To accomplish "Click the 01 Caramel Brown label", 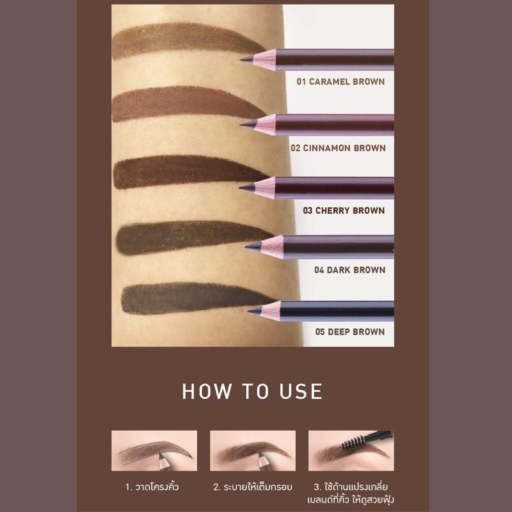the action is pyautogui.click(x=340, y=82).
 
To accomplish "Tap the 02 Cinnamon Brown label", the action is pyautogui.click(x=338, y=148).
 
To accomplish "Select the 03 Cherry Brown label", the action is pyautogui.click(x=344, y=211).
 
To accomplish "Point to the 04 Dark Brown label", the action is pyautogui.click(x=349, y=270).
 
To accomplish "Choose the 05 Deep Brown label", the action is pyautogui.click(x=349, y=332).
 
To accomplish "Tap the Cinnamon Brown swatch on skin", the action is pyautogui.click(x=186, y=103).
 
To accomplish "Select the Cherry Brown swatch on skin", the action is pyautogui.click(x=189, y=172).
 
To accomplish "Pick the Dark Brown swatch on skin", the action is pyautogui.click(x=193, y=237).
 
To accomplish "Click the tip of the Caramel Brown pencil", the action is pyautogui.click(x=241, y=60).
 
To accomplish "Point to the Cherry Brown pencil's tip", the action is pyautogui.click(x=240, y=188).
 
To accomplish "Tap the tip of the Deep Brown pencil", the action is pyautogui.click(x=249, y=311).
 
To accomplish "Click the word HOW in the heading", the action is pyautogui.click(x=206, y=391).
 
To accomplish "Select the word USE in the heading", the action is pyautogui.click(x=301, y=391).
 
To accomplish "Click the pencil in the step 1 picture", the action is pyautogui.click(x=164, y=461).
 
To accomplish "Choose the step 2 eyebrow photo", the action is pyautogui.click(x=253, y=451).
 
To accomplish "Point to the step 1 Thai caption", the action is pyautogui.click(x=152, y=486).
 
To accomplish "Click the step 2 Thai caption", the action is pyautogui.click(x=253, y=486).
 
